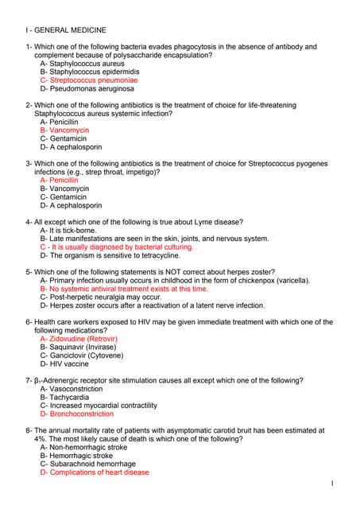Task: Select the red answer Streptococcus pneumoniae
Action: pyautogui.click(x=88, y=80)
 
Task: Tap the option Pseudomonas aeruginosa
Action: pyautogui.click(x=87, y=89)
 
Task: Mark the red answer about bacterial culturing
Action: pyautogui.click(x=115, y=247)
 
